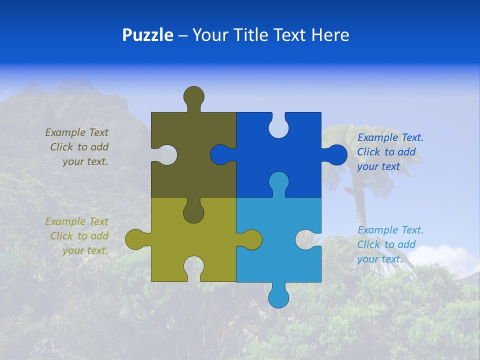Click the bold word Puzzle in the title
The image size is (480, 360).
pos(147,35)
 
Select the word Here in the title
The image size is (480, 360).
pos(330,35)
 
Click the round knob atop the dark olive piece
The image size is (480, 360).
pos(193,96)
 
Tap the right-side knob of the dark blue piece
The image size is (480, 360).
pos(336,155)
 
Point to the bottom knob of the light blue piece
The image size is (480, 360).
pos(279,297)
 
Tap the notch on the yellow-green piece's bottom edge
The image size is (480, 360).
pos(193,267)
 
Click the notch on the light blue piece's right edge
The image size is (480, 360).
pos(308,239)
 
